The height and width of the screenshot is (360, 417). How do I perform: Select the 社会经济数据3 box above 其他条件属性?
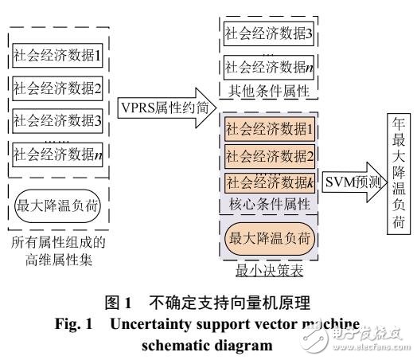[270, 33]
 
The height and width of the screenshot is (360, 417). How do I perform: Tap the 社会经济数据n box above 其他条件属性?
[270, 68]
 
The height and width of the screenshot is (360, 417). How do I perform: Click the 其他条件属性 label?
[269, 89]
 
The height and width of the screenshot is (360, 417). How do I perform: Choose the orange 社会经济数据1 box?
[270, 127]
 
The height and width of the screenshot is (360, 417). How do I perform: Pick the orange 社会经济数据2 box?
[270, 154]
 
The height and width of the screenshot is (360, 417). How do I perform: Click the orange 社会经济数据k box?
[270, 182]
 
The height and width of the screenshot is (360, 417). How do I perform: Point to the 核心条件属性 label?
[269, 205]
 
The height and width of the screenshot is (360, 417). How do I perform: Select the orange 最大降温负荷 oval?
[270, 237]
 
